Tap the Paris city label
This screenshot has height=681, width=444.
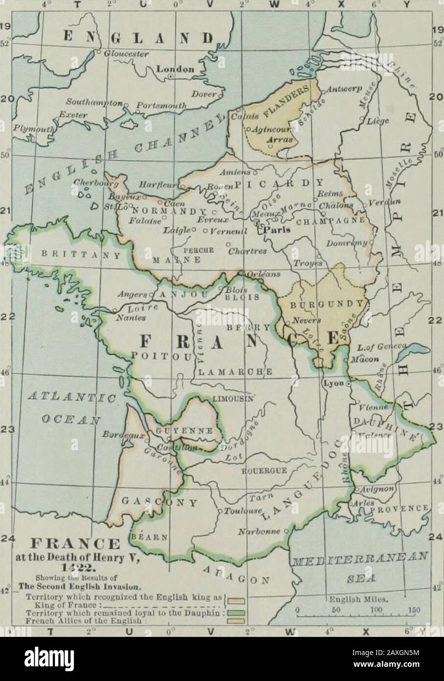[x=274, y=230]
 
